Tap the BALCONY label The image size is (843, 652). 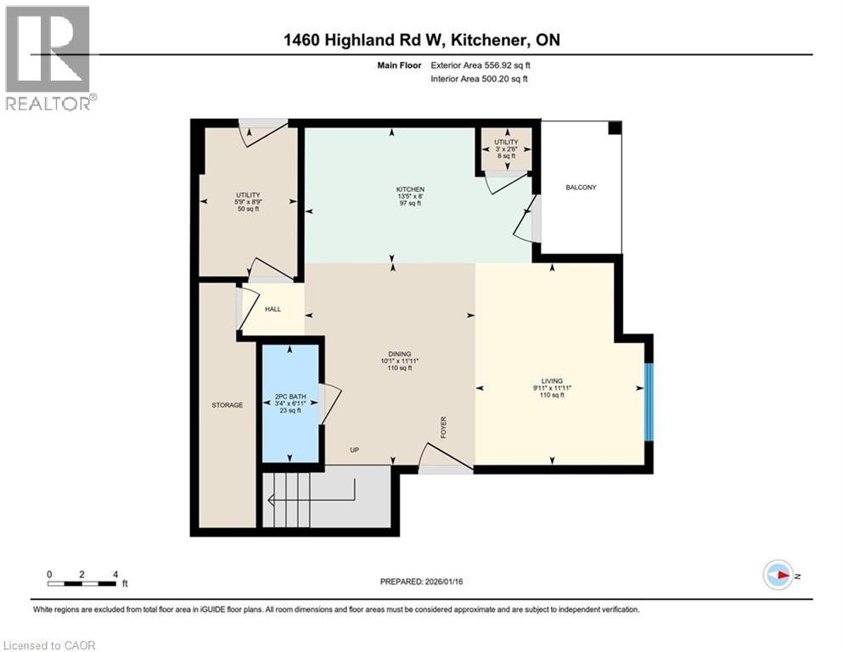tap(581, 187)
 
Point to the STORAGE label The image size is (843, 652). tap(227, 405)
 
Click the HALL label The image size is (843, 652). tap(273, 310)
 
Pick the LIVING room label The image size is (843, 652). tap(553, 381)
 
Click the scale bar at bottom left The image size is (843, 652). tap(82, 582)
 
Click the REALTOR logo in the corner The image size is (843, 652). tap(48, 58)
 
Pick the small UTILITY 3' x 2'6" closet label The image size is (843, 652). tap(506, 149)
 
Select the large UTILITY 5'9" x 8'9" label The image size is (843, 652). tap(248, 201)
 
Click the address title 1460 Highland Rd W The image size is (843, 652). tap(420, 40)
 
